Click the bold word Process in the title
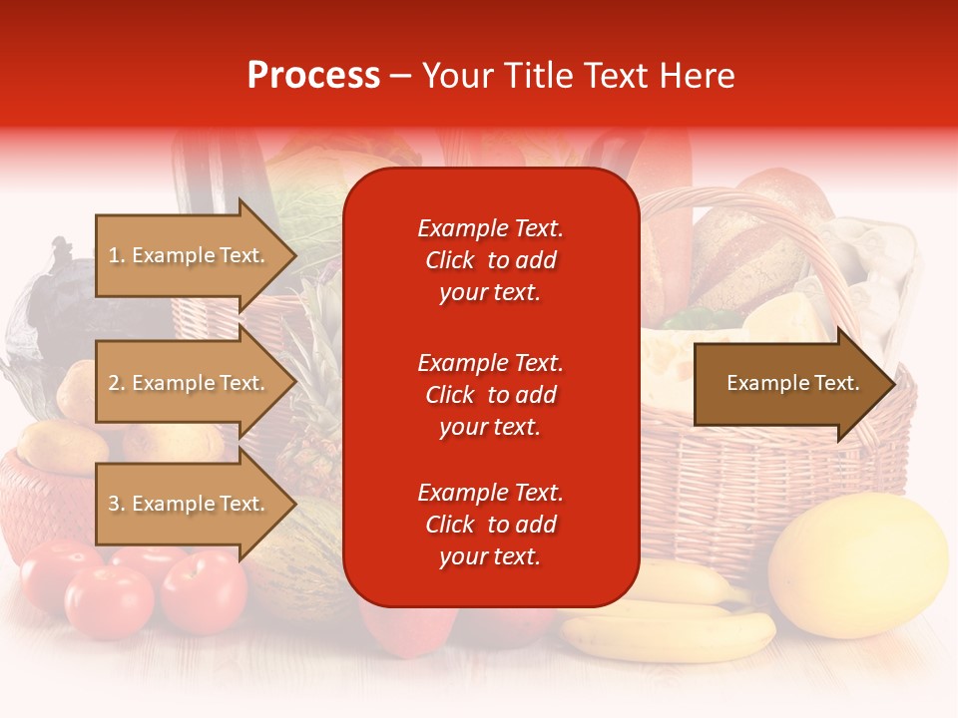313,76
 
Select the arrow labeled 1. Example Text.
190,255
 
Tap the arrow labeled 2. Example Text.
190,383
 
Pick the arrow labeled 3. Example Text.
190,504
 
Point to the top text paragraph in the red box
490,260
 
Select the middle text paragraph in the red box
490,395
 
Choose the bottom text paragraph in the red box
490,525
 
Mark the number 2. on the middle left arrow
117,383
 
